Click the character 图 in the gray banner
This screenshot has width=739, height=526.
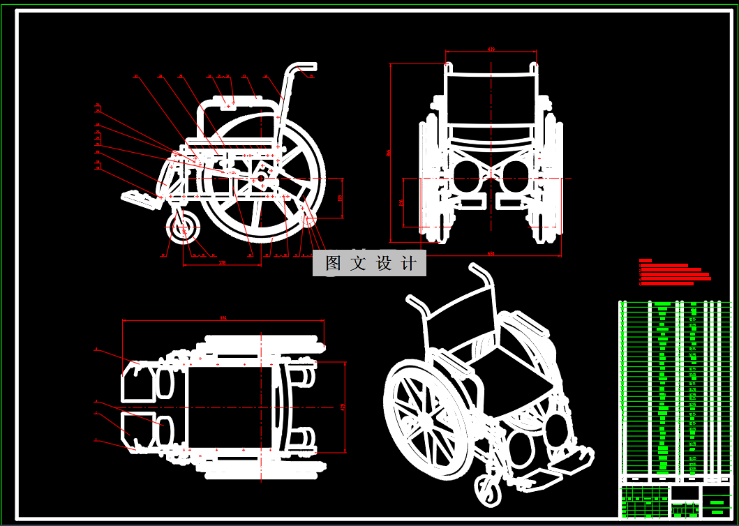pos(333,264)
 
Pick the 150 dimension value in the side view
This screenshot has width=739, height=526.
pos(340,198)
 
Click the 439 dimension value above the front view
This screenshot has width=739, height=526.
pos(491,50)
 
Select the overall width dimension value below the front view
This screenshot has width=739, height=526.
pos(491,253)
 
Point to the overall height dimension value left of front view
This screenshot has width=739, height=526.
pos(389,153)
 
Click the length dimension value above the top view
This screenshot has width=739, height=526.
pos(223,318)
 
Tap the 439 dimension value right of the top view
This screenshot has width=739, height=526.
pos(343,407)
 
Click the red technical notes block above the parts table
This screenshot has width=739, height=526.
pos(674,273)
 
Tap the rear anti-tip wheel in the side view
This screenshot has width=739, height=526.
pos(308,220)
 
